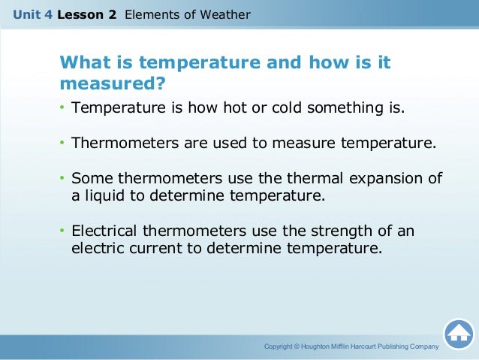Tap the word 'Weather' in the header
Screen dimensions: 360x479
[224, 14]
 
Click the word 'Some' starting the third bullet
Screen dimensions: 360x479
[89, 178]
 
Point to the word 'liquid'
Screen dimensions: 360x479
[106, 196]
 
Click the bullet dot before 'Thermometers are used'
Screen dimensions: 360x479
[63, 144]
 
